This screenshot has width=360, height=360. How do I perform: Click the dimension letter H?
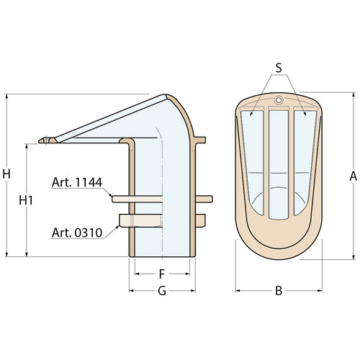pos(6,174)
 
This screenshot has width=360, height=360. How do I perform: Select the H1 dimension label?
pos(26,200)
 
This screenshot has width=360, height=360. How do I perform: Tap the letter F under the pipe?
pos(162,274)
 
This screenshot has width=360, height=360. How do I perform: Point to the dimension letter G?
pos(162,291)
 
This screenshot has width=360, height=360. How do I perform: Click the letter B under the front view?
pos(279,291)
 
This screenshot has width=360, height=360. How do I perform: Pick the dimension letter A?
pos(353,176)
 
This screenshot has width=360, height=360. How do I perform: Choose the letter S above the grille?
pos(279,68)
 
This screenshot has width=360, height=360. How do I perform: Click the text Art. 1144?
pos(77,182)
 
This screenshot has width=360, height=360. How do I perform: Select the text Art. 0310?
pos(77,233)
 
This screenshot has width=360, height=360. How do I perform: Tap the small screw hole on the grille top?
pos(279,100)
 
